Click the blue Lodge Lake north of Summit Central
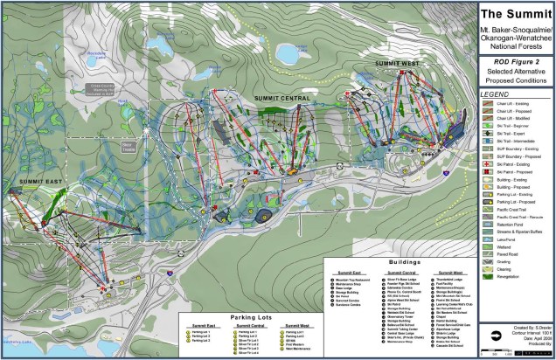click(x=288, y=54)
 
